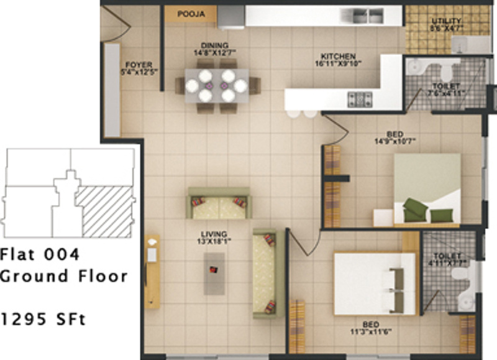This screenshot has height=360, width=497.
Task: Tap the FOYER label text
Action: [x=135, y=64]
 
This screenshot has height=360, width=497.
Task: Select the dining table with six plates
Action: [x=217, y=85]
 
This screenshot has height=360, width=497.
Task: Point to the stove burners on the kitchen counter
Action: [x=360, y=98]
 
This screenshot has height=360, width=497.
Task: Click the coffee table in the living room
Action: [x=214, y=274]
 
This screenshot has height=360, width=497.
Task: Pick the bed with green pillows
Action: [x=427, y=189]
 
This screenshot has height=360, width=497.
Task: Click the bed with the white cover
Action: [x=374, y=282]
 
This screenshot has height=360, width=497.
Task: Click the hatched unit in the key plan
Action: [x=104, y=211]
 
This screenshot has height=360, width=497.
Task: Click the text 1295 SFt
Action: [x=43, y=320]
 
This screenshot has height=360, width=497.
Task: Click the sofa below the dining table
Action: [x=219, y=203]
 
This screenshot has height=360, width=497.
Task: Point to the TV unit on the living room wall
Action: [x=152, y=271]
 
